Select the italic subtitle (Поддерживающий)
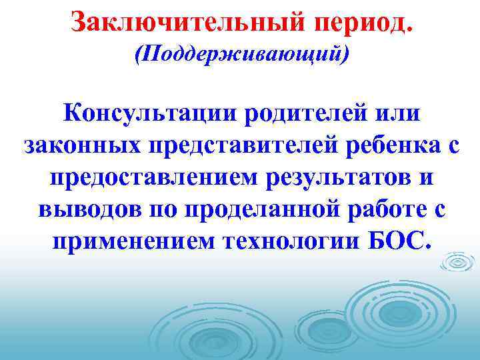(241, 54)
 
